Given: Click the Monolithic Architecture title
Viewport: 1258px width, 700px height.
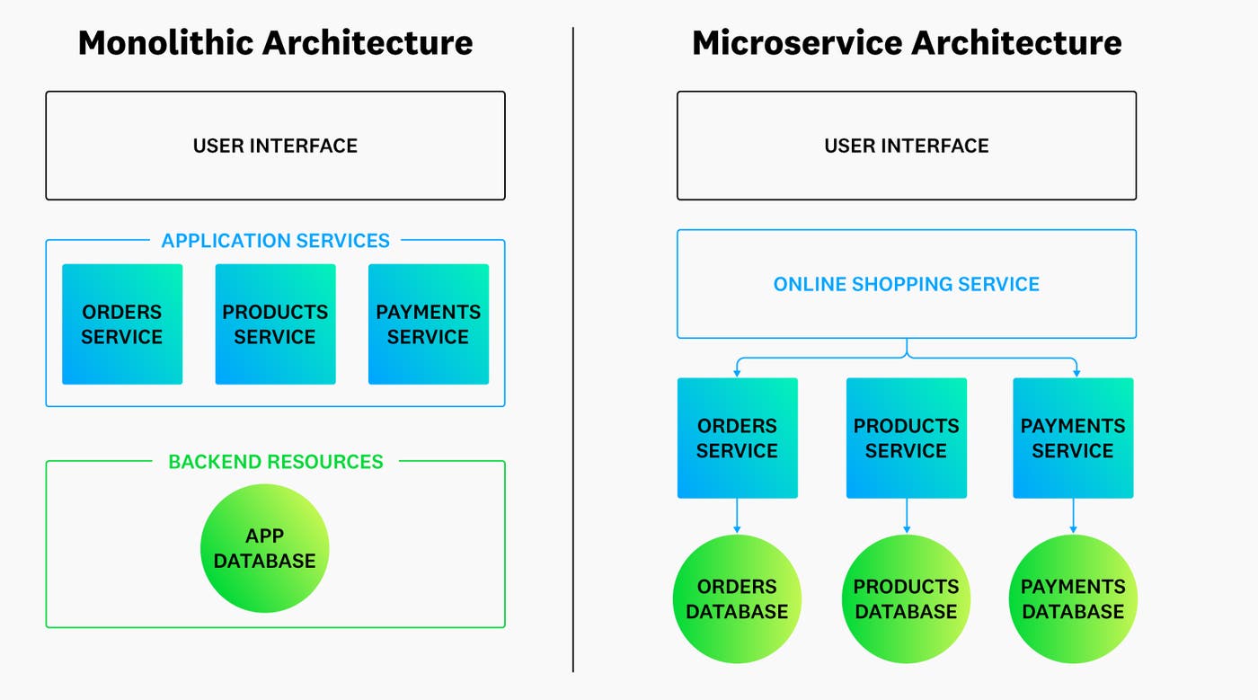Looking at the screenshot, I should (x=275, y=42).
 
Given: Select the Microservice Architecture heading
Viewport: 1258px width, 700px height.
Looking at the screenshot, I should (x=907, y=42).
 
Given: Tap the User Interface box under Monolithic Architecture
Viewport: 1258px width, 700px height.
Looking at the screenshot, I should (x=275, y=146).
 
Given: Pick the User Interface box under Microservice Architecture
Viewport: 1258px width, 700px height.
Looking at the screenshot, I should (x=907, y=146).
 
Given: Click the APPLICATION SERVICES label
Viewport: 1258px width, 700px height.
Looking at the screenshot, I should (x=275, y=241).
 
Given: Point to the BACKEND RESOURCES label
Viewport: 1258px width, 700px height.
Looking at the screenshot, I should (x=275, y=462).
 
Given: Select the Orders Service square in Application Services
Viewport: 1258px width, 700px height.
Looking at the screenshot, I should (x=122, y=324).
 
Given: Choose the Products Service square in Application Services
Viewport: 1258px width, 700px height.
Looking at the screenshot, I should (x=275, y=324).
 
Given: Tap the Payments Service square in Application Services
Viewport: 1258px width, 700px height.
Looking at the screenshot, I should (x=429, y=324).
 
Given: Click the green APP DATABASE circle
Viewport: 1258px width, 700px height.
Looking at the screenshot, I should (x=265, y=548).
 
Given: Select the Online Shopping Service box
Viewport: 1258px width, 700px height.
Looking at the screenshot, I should (x=907, y=284).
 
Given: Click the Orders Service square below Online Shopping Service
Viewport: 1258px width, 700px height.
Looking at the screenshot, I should (x=737, y=438).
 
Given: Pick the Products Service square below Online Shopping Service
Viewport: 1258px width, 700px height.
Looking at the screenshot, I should (x=906, y=438).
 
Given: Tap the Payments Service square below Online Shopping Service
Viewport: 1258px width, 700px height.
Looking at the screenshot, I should (x=1073, y=438).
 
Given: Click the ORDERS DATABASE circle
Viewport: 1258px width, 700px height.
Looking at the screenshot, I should (x=737, y=598).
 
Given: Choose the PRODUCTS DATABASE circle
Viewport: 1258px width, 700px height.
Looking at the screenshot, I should (x=906, y=598).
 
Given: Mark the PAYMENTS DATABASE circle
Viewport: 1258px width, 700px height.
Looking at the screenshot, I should (x=1073, y=598).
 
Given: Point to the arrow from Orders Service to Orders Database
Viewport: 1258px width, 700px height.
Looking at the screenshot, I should (x=737, y=516).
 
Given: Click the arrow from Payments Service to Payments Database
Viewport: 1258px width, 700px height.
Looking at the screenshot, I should (x=1073, y=516).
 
